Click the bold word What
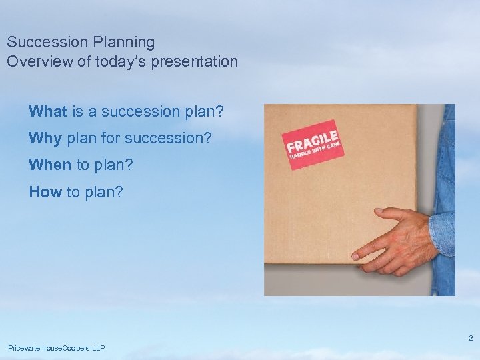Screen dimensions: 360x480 point(47,111)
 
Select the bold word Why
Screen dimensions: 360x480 point(45,138)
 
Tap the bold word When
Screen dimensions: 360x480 point(51,165)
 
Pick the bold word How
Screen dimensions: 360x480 point(45,192)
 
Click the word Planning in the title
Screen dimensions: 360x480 point(124,43)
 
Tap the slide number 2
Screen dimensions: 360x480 point(470,338)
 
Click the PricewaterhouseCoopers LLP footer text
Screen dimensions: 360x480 point(56,348)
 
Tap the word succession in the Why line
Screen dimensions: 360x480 point(169,138)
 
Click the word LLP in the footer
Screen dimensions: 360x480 point(97,348)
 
